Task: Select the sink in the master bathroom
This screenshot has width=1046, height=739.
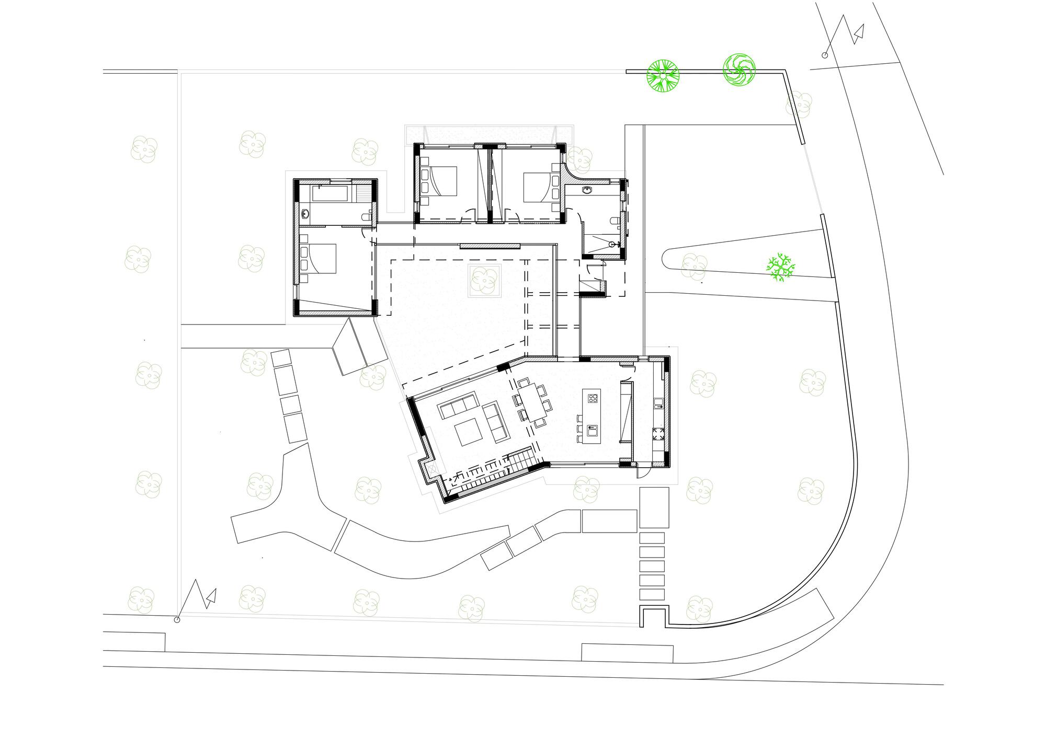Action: tap(305, 213)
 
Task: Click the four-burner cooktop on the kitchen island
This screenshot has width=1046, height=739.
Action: tap(593, 399)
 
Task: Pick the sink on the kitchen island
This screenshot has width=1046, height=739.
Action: tap(593, 431)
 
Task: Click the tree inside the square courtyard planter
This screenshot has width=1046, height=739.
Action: tap(484, 281)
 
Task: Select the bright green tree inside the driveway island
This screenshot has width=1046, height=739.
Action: tap(780, 268)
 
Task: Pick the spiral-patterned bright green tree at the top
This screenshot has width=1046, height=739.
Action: tap(739, 70)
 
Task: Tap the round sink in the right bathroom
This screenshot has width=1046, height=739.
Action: tap(588, 191)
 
